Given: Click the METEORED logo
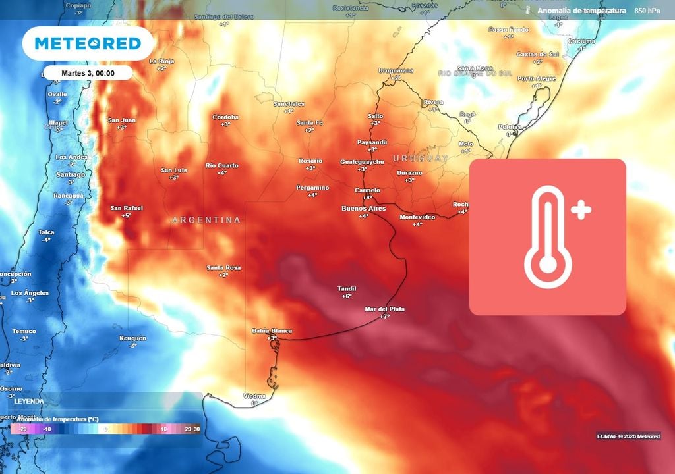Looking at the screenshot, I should [88, 44].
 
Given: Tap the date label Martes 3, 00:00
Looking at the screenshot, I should [88, 73].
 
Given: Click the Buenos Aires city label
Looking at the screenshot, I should [363, 209].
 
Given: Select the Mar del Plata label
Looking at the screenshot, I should [384, 309].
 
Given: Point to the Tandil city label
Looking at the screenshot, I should [347, 289].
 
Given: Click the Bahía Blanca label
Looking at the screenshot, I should [272, 331].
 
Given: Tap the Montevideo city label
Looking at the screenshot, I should [417, 217].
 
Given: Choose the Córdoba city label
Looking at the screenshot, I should [225, 117].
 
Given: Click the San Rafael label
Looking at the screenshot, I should [126, 208].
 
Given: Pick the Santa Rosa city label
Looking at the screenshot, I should [223, 268].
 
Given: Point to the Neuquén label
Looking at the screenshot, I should [132, 338].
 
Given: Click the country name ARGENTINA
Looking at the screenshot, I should [206, 220].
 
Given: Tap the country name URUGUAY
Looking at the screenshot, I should [420, 159].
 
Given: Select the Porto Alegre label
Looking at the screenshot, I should [537, 79].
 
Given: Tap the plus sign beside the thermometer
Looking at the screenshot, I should [581, 211].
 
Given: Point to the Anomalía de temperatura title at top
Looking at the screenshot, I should [581, 11].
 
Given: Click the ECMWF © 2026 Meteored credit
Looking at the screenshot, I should [628, 436].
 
